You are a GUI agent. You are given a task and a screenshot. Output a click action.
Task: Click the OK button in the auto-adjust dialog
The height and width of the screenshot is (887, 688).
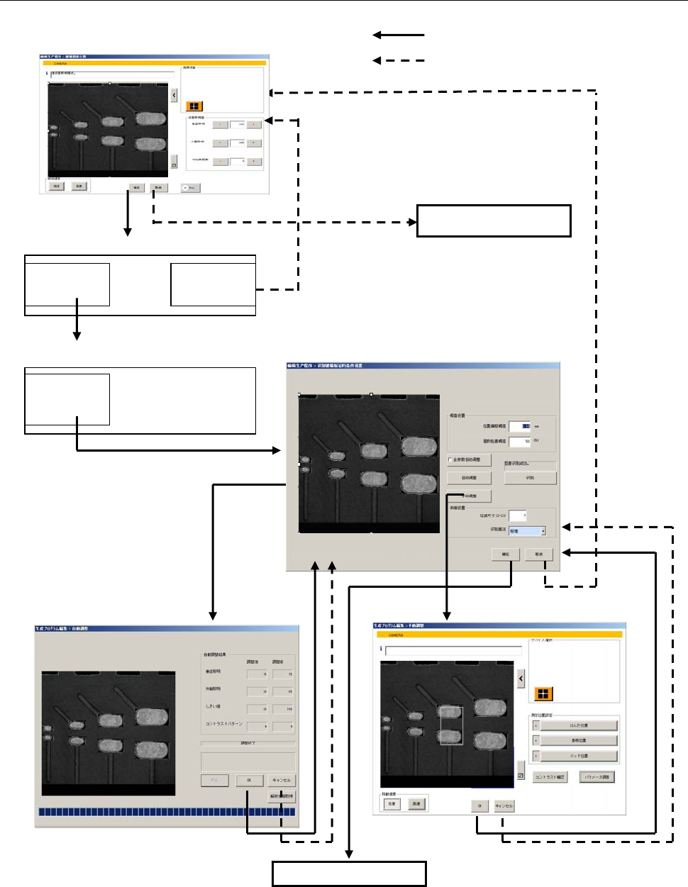tap(249, 780)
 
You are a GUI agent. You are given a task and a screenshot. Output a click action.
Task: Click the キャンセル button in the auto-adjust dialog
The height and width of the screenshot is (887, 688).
tap(282, 780)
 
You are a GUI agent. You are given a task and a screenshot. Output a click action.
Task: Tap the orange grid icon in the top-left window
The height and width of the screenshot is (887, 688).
tap(193, 106)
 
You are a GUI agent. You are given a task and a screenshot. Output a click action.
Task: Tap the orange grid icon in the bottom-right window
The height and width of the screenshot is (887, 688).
tap(543, 693)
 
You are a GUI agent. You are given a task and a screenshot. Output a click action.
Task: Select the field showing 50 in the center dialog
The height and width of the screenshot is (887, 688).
tap(520, 441)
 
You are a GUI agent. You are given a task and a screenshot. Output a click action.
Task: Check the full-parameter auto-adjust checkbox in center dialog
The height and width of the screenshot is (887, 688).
tap(450, 459)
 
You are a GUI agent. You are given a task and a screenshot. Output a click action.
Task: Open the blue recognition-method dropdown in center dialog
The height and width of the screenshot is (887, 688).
tap(527, 530)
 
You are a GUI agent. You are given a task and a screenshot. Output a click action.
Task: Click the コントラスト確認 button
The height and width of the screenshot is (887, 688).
tap(550, 777)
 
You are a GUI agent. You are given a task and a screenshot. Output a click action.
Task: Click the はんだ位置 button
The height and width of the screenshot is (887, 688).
tap(578, 725)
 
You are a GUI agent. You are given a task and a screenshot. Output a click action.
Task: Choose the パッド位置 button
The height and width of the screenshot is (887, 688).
tap(578, 756)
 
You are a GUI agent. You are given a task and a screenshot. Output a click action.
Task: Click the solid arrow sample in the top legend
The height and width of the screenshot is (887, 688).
tap(399, 35)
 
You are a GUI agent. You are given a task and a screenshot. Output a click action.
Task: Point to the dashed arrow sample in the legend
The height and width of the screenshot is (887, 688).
tap(399, 60)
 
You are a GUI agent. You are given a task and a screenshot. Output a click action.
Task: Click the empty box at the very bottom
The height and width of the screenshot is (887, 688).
tap(349, 874)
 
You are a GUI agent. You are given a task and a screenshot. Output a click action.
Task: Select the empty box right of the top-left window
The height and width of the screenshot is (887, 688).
tap(494, 221)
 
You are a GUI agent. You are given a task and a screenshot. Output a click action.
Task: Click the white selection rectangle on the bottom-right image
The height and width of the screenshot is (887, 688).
tap(451, 725)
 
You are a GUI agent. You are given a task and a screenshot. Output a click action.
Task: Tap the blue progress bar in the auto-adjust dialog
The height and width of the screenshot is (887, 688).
tap(167, 812)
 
